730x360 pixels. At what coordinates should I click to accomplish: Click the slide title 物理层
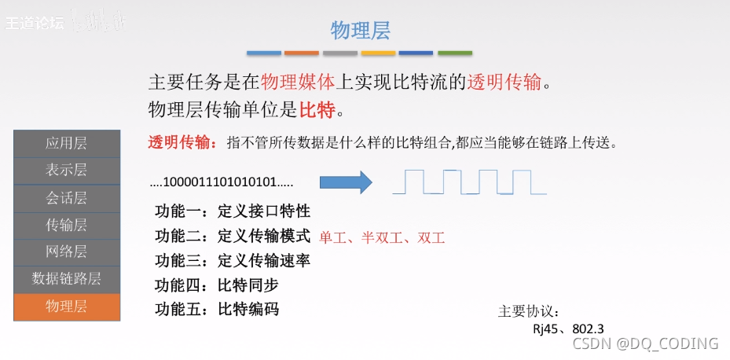(360, 31)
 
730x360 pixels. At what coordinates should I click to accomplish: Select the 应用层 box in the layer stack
(67, 143)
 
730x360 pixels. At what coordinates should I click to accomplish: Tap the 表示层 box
(67, 170)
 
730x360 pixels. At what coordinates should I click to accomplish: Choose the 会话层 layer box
(67, 197)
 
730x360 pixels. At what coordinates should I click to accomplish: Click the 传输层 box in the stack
(67, 225)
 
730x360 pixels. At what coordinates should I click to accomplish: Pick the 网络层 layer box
(67, 252)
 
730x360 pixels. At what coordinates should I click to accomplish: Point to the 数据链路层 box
(67, 279)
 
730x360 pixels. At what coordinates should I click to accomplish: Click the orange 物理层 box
(67, 307)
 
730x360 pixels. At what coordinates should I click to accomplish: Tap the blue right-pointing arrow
(347, 182)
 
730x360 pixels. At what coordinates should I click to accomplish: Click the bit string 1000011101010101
(221, 183)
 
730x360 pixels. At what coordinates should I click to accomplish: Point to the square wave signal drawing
(469, 182)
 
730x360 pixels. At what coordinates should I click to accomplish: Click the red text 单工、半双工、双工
(382, 237)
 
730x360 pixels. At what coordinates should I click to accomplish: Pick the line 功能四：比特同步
(217, 285)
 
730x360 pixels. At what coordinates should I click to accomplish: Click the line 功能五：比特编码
(217, 309)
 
